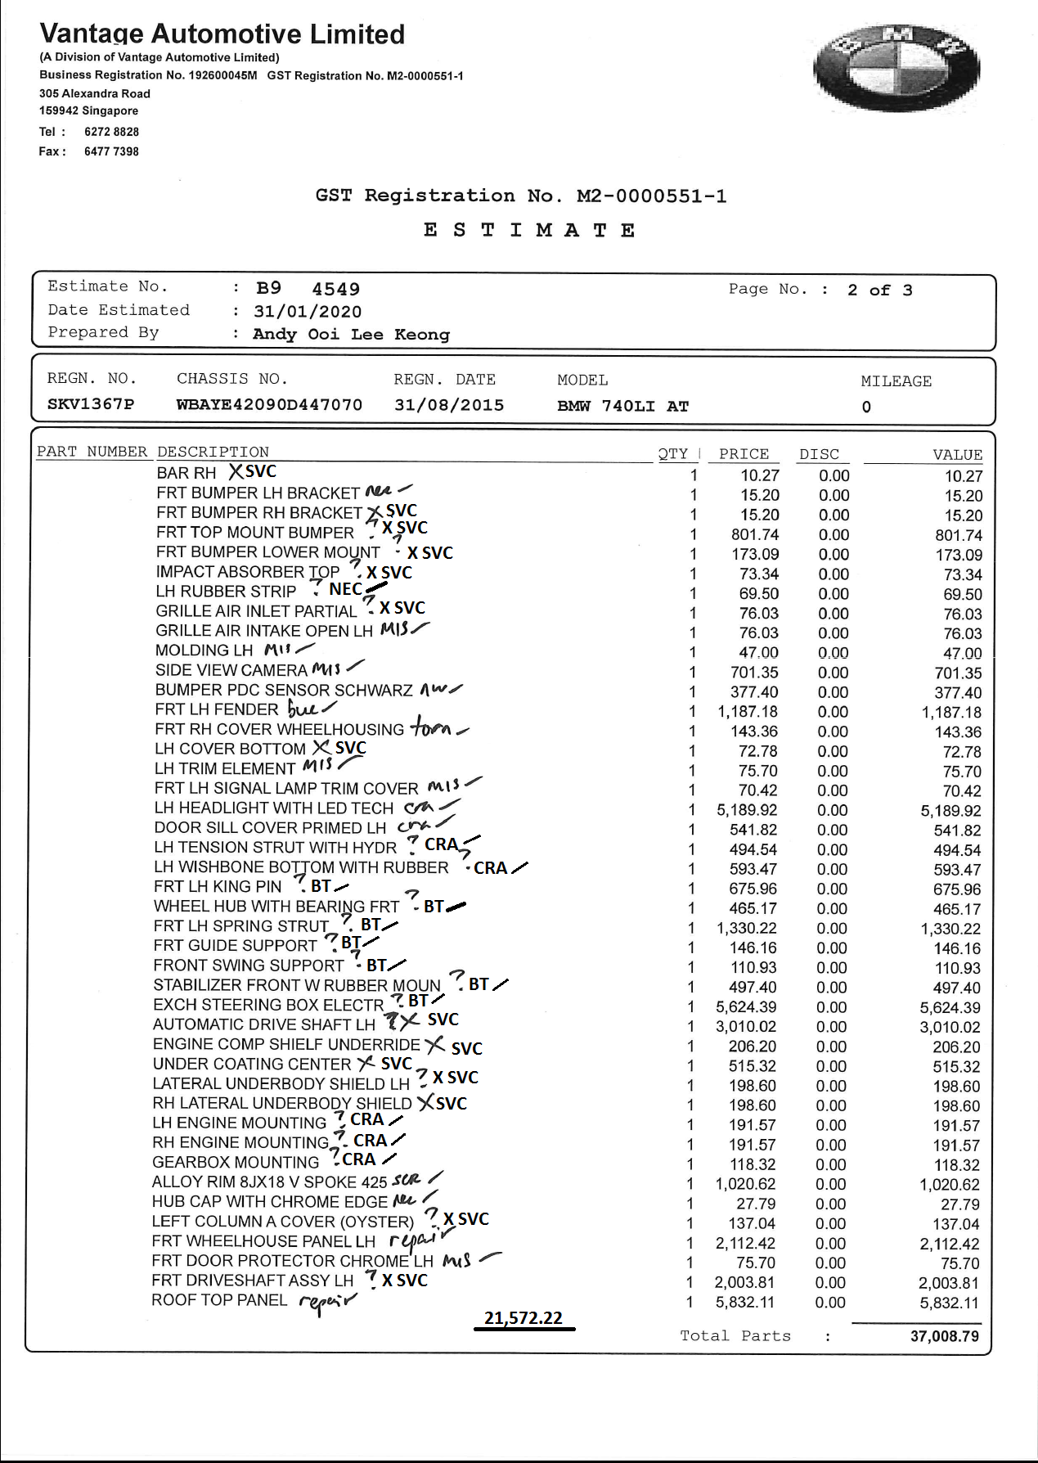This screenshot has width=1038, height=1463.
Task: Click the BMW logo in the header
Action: tap(896, 69)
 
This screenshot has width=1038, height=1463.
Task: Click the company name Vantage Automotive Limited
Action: tap(222, 34)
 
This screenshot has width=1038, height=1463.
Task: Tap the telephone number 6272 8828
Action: tap(111, 132)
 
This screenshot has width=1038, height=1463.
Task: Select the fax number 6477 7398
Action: tap(111, 151)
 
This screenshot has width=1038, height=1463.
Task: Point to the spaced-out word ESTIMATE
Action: tap(529, 230)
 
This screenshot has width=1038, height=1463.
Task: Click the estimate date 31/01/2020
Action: tap(308, 312)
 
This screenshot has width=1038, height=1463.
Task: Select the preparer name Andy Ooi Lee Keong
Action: tap(351, 334)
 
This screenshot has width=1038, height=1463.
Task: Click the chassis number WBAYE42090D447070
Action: tap(269, 405)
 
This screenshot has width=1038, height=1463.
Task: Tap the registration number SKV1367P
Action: tap(91, 404)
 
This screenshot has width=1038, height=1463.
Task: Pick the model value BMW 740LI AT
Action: tap(622, 406)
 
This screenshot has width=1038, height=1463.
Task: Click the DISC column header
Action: tap(819, 454)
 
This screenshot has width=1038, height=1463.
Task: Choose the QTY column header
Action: tap(673, 453)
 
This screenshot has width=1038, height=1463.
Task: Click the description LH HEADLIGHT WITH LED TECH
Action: tap(274, 808)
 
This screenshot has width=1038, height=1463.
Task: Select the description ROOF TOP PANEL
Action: tap(219, 1300)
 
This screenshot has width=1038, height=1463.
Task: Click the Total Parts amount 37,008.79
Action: tap(944, 1336)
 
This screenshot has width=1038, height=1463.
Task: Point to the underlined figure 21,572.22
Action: tap(523, 1318)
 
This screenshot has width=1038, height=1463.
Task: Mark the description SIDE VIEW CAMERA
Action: tap(231, 670)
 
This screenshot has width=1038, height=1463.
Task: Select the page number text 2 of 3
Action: tap(879, 290)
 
